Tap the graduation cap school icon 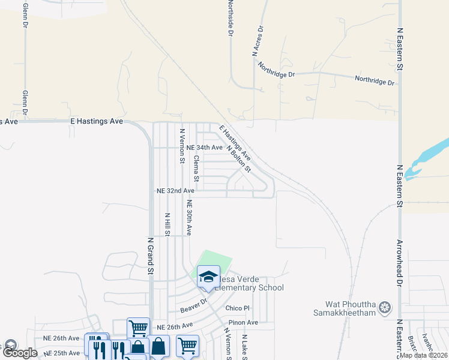click(x=208, y=277)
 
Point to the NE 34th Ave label click(x=205, y=147)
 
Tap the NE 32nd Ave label click(x=175, y=190)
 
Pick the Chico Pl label click(x=237, y=308)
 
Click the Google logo click(x=20, y=353)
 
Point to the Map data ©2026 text click(x=423, y=355)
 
